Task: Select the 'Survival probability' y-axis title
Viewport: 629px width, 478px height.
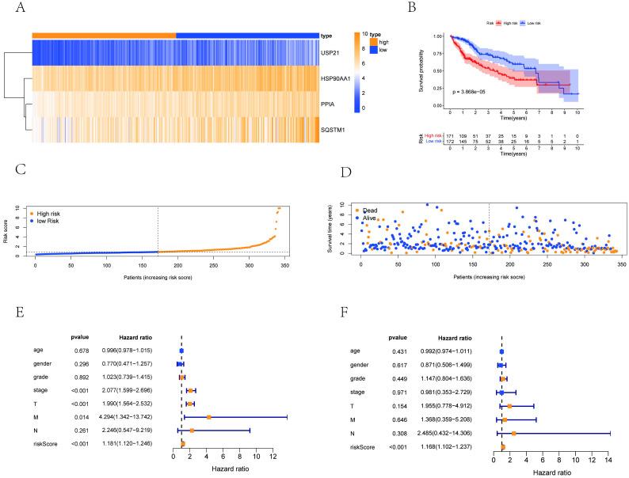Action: point(429,71)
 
